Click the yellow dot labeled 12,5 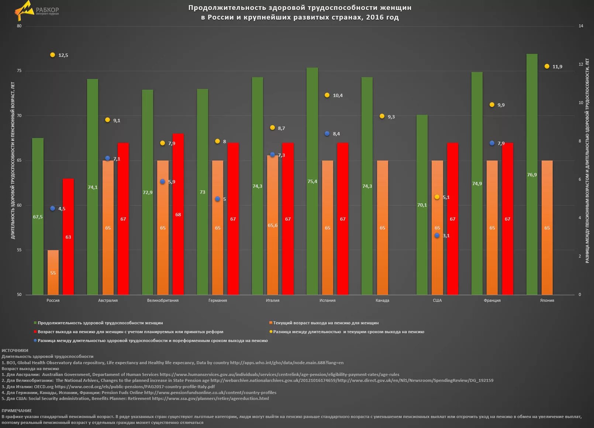52,55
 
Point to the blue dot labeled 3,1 437,235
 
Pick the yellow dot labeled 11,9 547,66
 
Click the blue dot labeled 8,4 327,134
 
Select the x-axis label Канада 382,300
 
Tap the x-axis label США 437,300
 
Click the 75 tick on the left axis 19,71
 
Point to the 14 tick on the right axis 581,26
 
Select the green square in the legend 35,323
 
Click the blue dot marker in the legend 35,341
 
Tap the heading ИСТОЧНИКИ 15,351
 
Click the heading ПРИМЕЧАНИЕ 17,411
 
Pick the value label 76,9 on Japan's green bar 532,175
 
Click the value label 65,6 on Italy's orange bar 273,225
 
